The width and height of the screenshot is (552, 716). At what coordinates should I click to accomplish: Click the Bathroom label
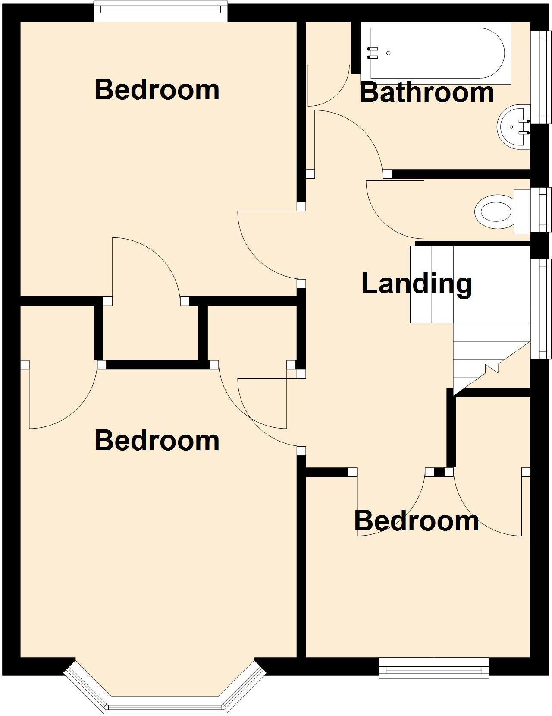[427, 92]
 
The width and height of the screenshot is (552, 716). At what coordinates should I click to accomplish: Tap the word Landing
[417, 284]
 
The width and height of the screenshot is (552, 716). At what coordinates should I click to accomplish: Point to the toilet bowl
[493, 212]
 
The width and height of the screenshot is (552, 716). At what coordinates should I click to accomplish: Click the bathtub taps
[372, 53]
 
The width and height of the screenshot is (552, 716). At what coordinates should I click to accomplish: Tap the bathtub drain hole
[389, 53]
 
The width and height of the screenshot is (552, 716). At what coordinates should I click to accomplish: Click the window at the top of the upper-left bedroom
[160, 11]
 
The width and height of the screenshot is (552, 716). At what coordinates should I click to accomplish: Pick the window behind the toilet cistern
[541, 210]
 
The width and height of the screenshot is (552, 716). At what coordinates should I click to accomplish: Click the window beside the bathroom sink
[541, 77]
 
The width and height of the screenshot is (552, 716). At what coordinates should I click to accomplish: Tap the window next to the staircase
[541, 308]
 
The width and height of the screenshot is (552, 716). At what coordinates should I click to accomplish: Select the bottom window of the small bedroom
[434, 668]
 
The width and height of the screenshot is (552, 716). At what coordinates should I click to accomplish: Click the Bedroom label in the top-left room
[157, 89]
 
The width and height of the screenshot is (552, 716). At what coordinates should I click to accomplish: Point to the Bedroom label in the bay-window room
[157, 440]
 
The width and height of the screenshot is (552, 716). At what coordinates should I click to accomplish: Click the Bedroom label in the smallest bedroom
[417, 520]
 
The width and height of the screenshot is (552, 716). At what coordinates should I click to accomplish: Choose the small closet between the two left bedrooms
[151, 332]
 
